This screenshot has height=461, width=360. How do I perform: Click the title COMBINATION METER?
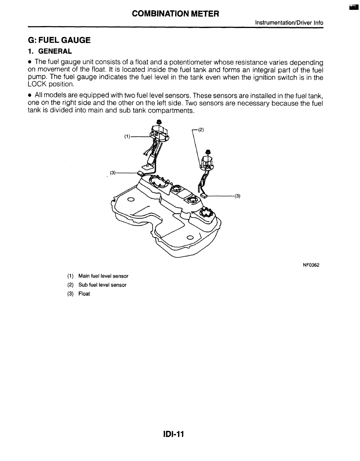pyautogui.click(x=175, y=14)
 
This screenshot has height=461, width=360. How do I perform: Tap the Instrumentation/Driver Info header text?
pyautogui.click(x=289, y=23)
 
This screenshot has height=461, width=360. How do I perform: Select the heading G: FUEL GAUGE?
pyautogui.click(x=59, y=40)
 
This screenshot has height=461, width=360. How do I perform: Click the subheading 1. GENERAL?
pyautogui.click(x=50, y=51)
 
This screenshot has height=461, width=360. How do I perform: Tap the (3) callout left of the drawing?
pyautogui.click(x=112, y=173)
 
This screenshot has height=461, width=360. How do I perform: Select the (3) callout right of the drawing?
pyautogui.click(x=237, y=196)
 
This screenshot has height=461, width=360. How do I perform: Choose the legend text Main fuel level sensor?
pyautogui.click(x=103, y=276)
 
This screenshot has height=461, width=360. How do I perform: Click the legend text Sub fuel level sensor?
pyautogui.click(x=102, y=285)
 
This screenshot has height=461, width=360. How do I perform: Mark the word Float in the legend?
pyautogui.click(x=84, y=294)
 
